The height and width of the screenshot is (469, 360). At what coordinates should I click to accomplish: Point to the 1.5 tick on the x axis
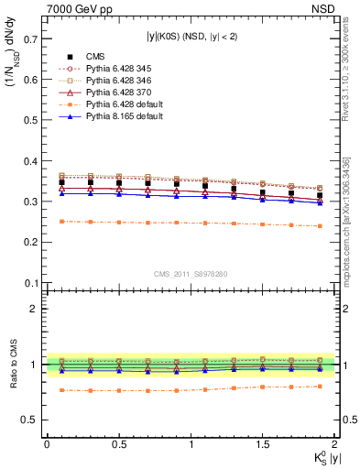(x=263, y=445)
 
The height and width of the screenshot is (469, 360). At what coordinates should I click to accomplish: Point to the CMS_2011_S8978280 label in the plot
(x=191, y=273)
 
